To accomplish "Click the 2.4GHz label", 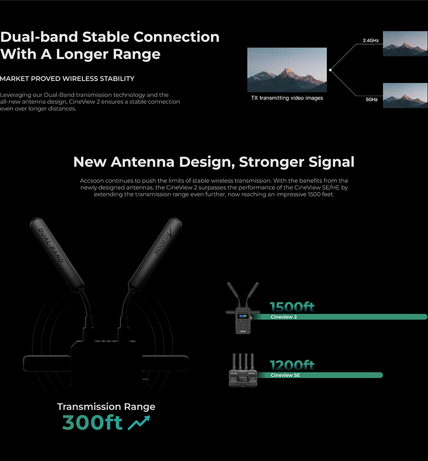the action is (371, 41).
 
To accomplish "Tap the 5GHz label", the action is (372, 100).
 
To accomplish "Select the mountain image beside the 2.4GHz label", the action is (405, 44).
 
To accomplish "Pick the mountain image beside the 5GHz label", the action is (405, 96).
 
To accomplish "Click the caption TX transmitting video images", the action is (287, 98).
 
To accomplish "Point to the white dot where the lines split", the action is (331, 70).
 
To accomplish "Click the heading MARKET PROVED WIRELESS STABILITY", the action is (67, 79).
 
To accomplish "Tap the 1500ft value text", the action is (292, 307).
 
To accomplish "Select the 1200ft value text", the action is (292, 365).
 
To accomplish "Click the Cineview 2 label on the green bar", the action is (284, 317).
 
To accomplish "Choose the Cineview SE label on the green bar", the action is (285, 375).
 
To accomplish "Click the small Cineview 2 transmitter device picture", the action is (243, 308).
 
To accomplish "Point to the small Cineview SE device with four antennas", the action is (243, 370).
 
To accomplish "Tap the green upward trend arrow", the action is (139, 422).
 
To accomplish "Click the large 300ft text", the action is (92, 422).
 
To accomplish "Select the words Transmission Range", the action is (106, 406).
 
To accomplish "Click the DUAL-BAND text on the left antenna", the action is (51, 245).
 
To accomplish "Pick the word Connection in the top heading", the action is (176, 37).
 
